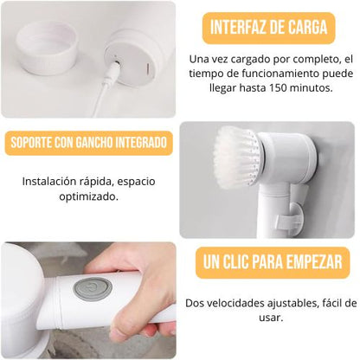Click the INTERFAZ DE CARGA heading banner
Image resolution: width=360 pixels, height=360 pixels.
click(x=269, y=27)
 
